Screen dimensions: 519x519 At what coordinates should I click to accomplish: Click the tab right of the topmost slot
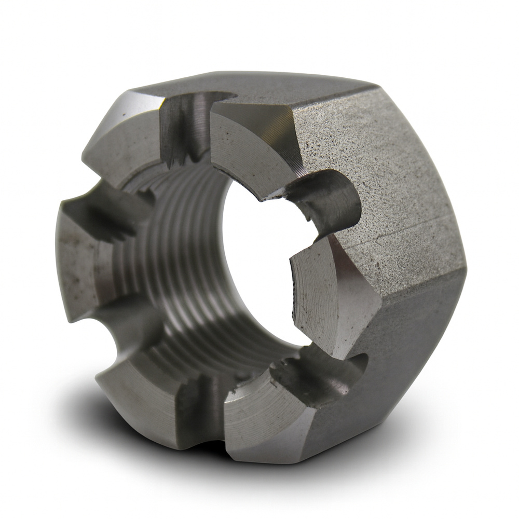249,145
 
